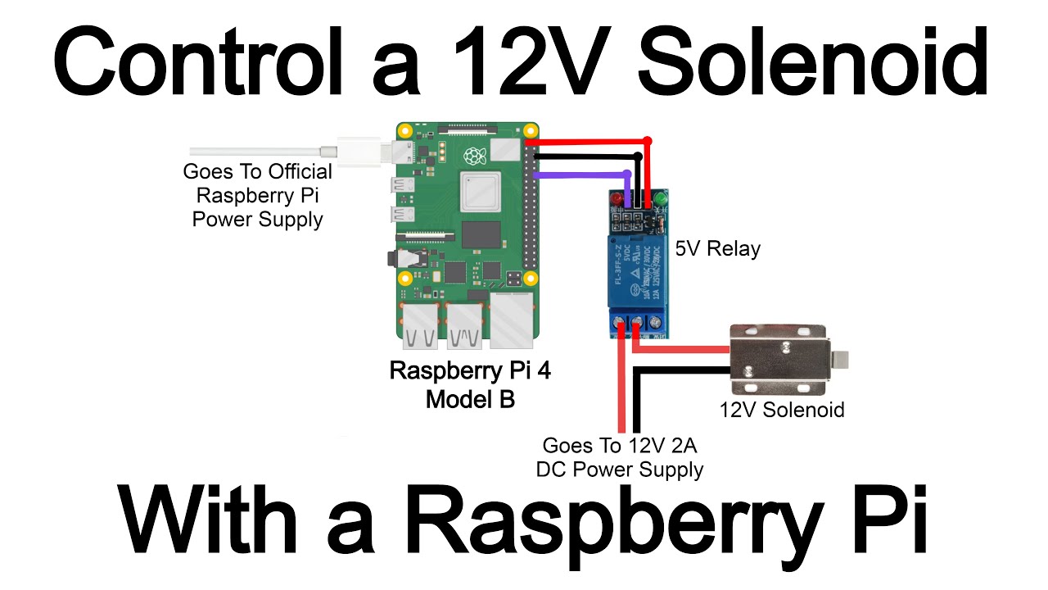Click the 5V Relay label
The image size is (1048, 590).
click(x=717, y=248)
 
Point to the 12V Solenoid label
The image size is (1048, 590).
click(x=781, y=410)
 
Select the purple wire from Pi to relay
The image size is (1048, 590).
click(x=581, y=175)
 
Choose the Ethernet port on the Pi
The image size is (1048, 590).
click(x=513, y=320)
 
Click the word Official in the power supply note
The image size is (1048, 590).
click(x=297, y=172)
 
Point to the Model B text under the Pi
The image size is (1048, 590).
click(x=469, y=400)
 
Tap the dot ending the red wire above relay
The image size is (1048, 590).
click(x=648, y=142)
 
